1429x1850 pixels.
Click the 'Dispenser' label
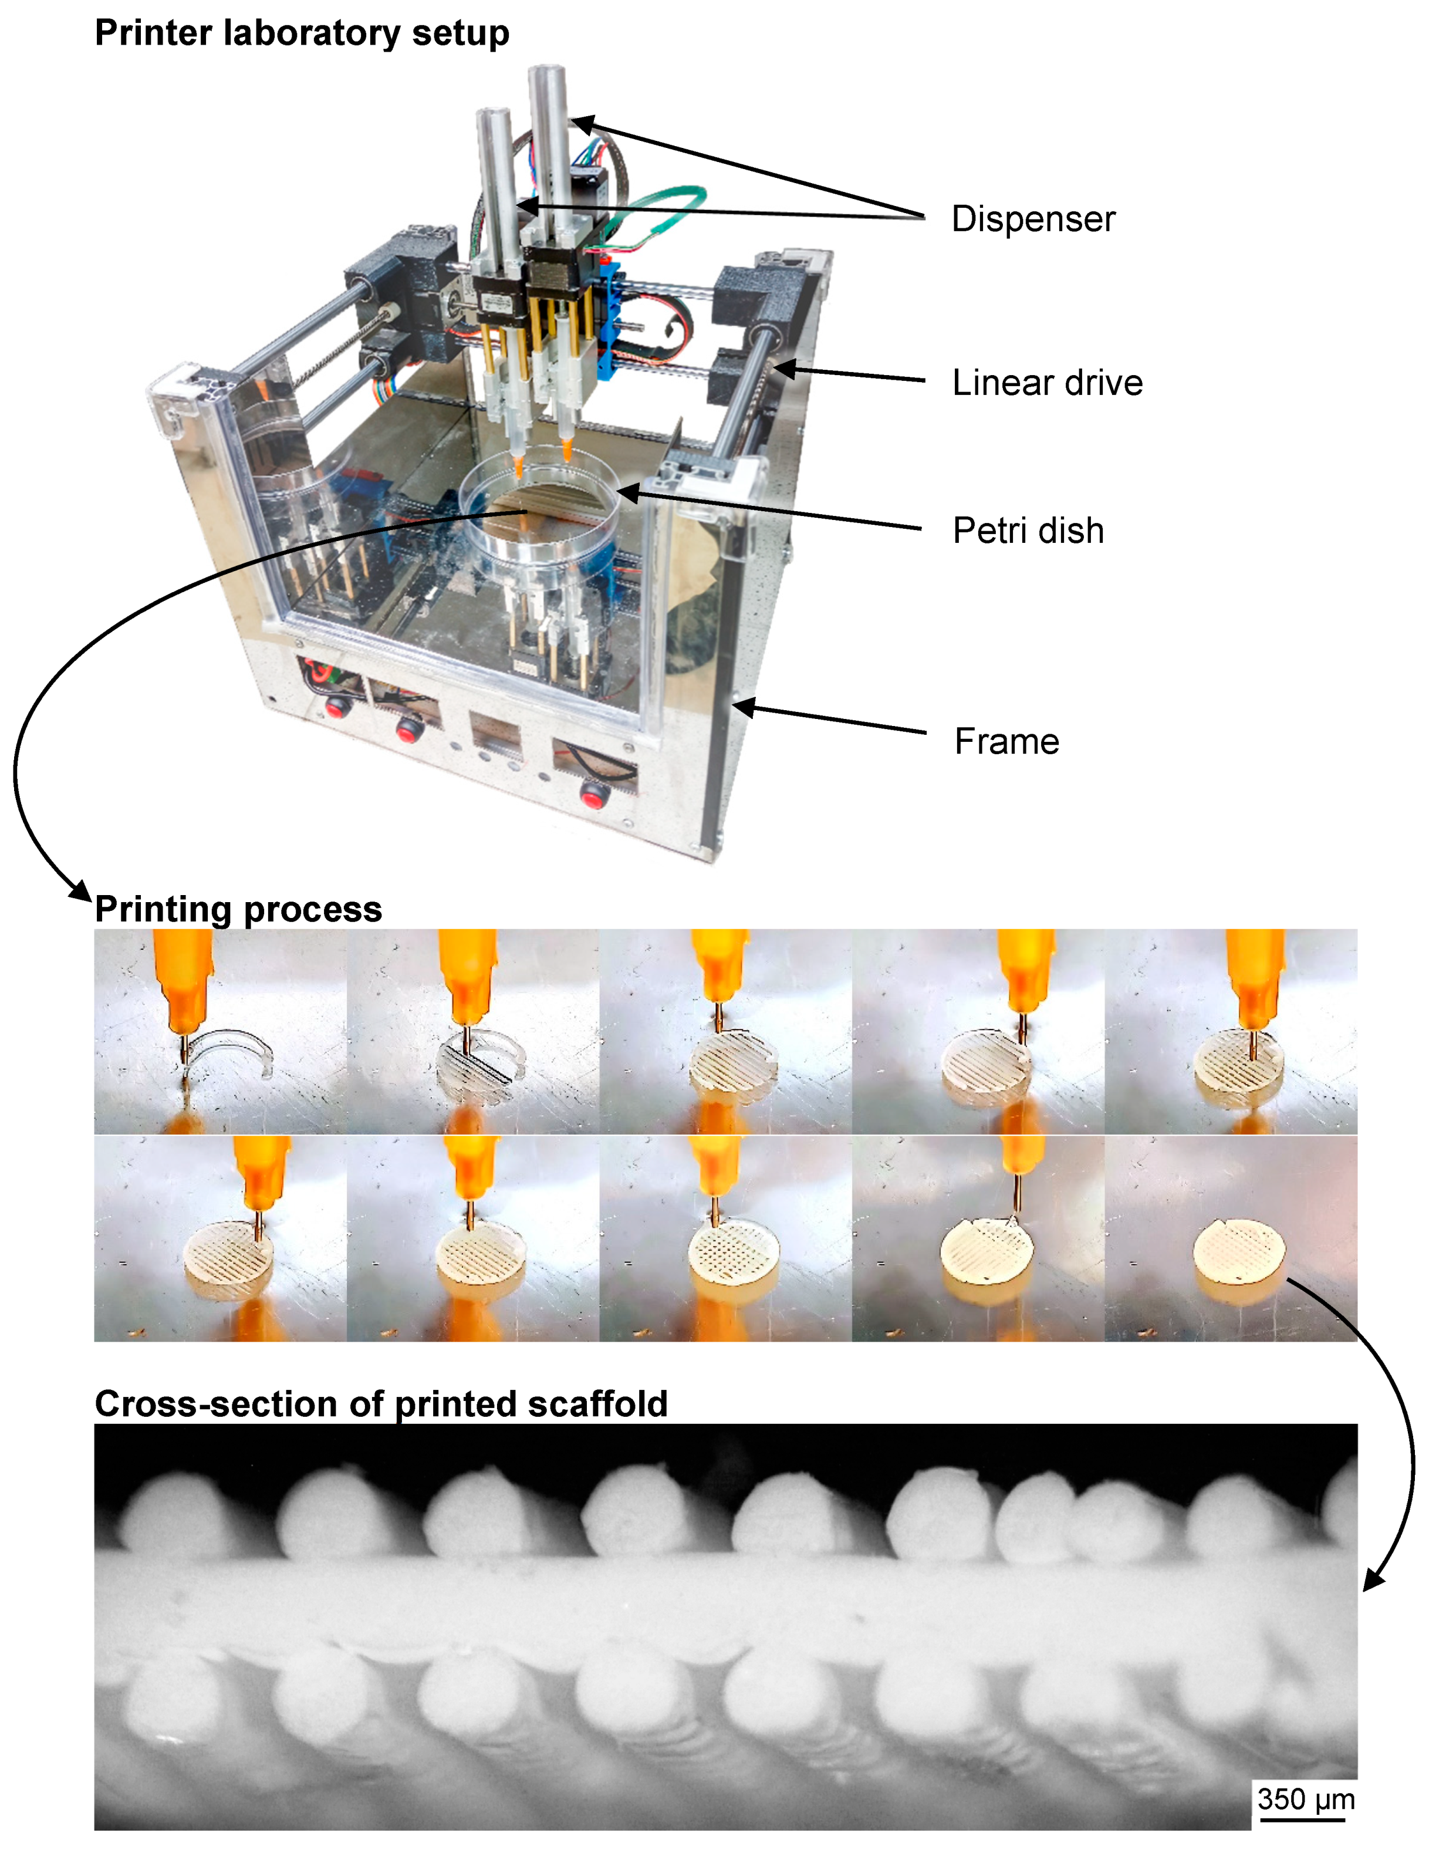click(x=1032, y=220)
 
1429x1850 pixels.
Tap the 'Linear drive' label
click(x=1047, y=383)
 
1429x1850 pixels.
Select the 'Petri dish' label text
click(x=1028, y=531)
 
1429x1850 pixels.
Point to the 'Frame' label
click(x=1006, y=741)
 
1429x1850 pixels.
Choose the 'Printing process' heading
click(x=238, y=909)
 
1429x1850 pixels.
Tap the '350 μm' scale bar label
click(x=1305, y=1798)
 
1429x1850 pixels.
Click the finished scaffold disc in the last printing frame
click(x=1238, y=1248)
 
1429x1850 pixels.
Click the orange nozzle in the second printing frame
click(x=468, y=974)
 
